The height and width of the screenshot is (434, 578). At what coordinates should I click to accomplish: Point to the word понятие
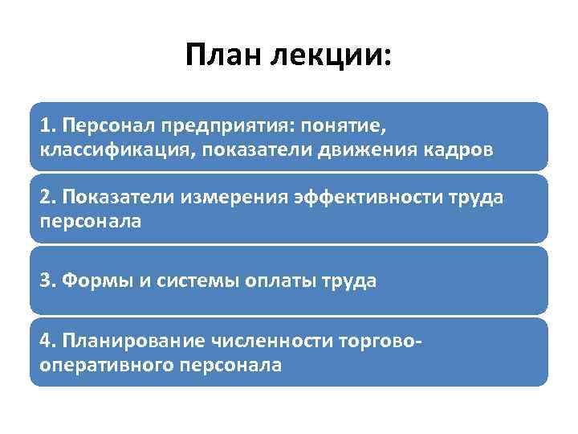pyautogui.click(x=336, y=126)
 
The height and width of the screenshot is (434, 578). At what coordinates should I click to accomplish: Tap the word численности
pyautogui.click(x=268, y=342)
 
